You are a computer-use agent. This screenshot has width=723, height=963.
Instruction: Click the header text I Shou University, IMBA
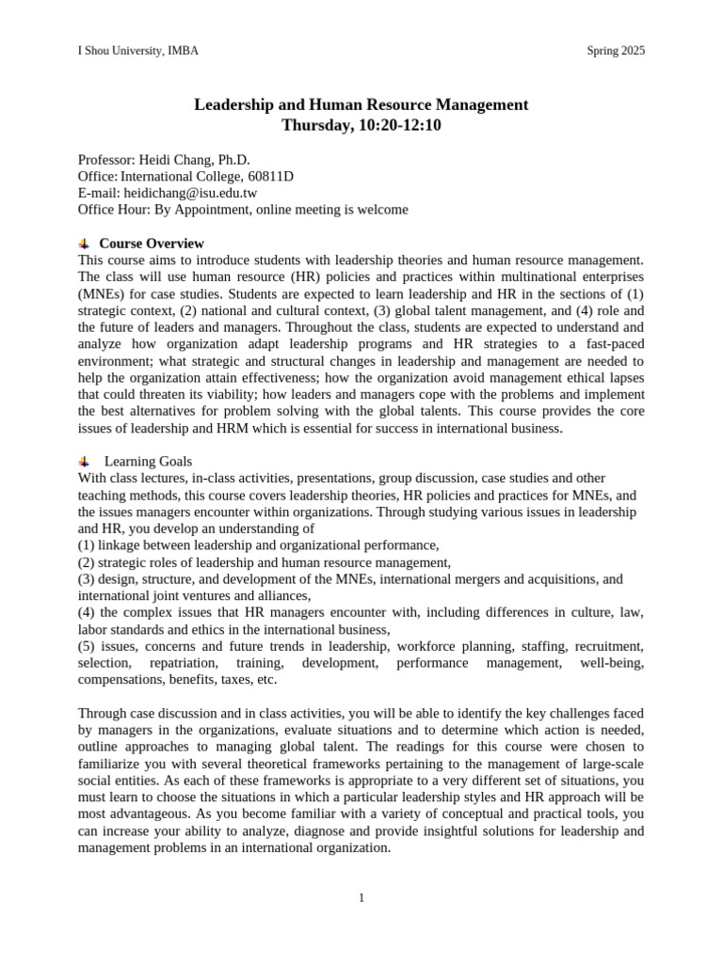(x=137, y=51)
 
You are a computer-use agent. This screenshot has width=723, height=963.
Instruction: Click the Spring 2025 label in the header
(x=616, y=51)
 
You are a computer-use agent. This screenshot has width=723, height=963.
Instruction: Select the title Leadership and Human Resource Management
(x=361, y=104)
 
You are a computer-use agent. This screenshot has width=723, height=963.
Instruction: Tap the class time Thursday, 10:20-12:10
(x=361, y=124)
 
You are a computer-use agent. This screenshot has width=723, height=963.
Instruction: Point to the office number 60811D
(x=270, y=176)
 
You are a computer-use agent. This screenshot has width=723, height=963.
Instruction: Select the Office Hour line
(x=243, y=210)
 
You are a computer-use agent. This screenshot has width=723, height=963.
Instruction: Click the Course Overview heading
(x=152, y=244)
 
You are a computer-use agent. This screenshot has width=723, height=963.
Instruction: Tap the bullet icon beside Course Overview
(x=84, y=244)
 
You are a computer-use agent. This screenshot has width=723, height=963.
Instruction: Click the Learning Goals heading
(x=148, y=461)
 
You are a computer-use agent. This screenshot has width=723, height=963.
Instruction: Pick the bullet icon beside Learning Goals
(x=84, y=461)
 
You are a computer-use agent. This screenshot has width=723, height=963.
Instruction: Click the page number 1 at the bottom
(x=361, y=897)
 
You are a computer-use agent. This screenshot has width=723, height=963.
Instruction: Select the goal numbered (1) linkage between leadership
(x=259, y=545)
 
